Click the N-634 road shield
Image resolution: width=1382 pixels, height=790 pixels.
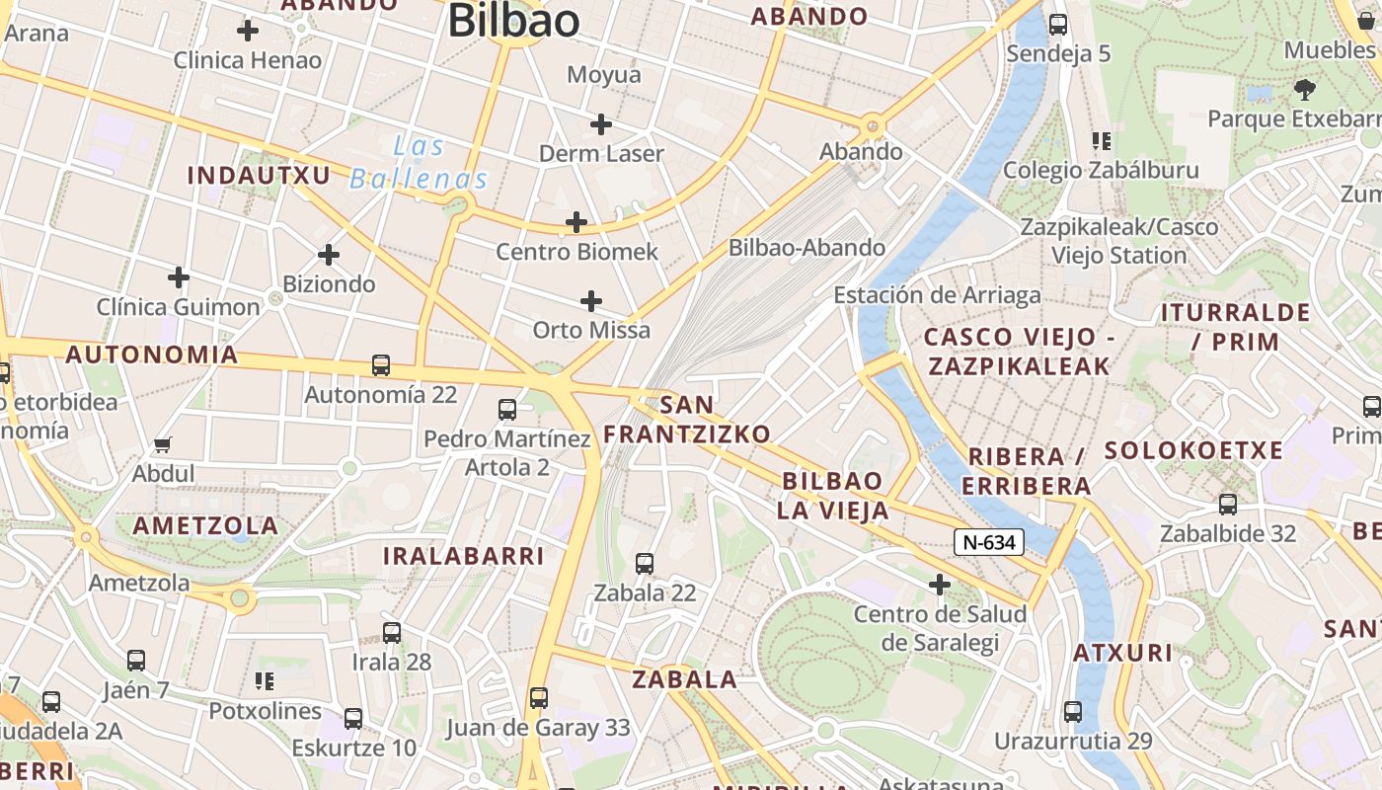988,541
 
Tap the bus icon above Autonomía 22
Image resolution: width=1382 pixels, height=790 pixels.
381,365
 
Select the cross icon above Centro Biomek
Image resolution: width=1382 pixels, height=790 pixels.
576,223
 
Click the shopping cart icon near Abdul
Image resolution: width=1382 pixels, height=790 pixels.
163,445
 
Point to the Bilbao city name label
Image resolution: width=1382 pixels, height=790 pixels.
513,22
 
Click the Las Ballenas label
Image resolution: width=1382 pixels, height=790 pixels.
420,163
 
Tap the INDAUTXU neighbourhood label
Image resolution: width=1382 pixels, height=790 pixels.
259,176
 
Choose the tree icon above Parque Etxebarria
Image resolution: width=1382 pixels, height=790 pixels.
1305,90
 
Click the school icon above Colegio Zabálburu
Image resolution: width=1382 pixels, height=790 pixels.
1102,141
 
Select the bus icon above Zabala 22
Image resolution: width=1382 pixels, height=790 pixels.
645,564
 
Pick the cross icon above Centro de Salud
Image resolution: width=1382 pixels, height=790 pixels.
940,586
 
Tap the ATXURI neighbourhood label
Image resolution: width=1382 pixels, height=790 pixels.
1122,653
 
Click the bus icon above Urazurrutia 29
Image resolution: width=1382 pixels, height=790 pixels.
1073,711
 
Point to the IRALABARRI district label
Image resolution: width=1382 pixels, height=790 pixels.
463,556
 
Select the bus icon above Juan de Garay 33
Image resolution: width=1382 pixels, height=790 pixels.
538,698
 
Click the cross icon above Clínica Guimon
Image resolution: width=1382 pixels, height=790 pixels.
179,277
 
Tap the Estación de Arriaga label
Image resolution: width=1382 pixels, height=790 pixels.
937,295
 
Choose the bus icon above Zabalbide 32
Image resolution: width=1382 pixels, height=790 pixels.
1228,505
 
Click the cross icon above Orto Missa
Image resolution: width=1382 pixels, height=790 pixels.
591,301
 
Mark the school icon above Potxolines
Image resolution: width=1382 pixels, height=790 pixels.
265,680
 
